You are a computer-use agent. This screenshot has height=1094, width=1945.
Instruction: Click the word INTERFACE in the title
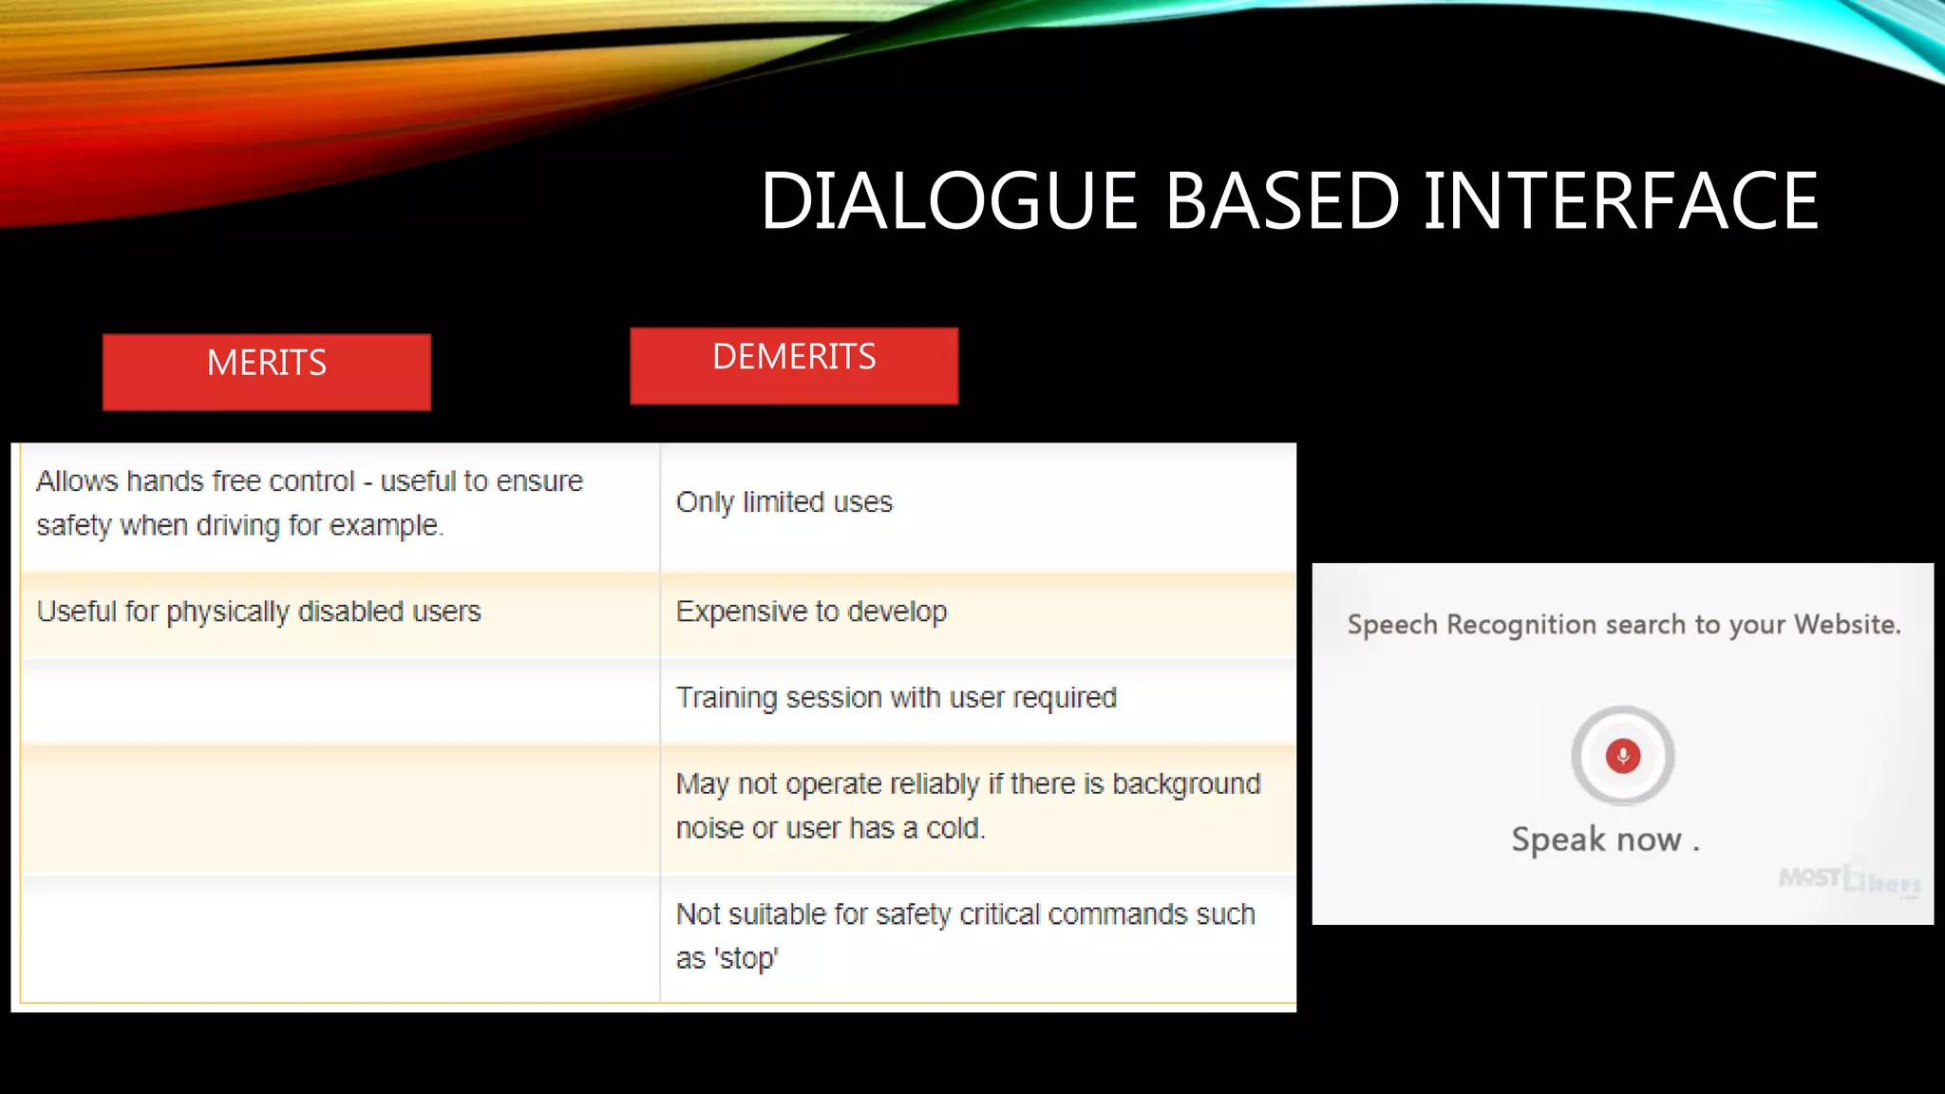pos(1620,201)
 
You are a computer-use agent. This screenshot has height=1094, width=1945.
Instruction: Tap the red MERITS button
pos(267,371)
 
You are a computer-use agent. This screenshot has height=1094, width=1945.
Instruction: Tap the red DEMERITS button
pos(794,366)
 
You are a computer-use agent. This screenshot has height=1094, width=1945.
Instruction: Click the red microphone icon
pos(1623,756)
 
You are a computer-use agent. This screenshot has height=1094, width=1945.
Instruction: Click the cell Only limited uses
pos(784,502)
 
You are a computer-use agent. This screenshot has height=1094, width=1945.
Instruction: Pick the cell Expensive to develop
pos(811,612)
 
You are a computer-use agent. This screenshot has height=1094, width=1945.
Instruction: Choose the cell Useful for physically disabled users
pos(258,612)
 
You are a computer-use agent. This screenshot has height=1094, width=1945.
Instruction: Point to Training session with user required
pos(896,698)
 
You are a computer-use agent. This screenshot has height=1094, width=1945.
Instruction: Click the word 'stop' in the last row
pos(746,958)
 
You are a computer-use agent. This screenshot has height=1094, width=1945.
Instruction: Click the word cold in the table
pos(954,828)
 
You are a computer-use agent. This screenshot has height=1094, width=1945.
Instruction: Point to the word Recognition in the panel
pos(1521,625)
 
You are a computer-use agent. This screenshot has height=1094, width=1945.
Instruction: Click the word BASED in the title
pos(1281,201)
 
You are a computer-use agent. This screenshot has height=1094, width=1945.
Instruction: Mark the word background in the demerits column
pos(1186,784)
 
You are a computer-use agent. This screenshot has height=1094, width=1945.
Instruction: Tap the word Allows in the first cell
pos(77,481)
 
